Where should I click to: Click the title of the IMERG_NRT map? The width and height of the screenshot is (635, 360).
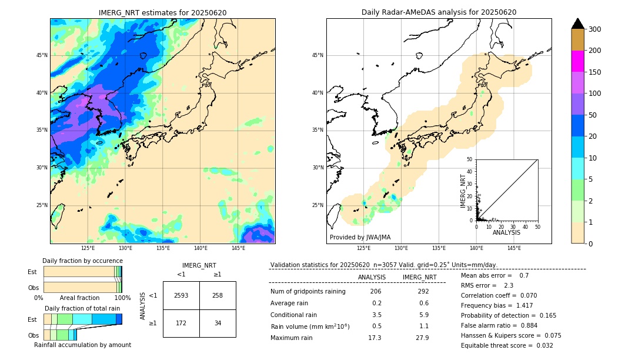pyautogui.click(x=162, y=12)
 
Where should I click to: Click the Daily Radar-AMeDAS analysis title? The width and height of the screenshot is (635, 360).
pyautogui.click(x=439, y=12)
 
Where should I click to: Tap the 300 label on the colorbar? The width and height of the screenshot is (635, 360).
pyautogui.click(x=596, y=29)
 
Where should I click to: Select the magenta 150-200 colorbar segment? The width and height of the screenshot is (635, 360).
pyautogui.click(x=577, y=61)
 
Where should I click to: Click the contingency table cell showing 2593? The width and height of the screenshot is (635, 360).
pyautogui.click(x=181, y=295)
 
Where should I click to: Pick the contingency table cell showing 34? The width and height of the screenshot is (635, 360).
pyautogui.click(x=218, y=323)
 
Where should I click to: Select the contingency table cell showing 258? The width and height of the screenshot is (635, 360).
pyautogui.click(x=218, y=295)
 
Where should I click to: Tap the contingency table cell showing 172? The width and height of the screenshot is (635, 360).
pyautogui.click(x=181, y=323)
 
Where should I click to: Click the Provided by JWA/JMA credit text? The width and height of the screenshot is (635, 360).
pyautogui.click(x=360, y=237)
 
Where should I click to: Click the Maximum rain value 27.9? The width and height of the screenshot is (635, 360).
pyautogui.click(x=422, y=338)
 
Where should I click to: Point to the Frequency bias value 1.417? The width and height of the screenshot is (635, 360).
pyautogui.click(x=527, y=306)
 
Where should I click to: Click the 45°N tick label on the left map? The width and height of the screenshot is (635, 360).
pyautogui.click(x=42, y=55)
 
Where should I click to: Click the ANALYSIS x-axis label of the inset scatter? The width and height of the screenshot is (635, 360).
pyautogui.click(x=506, y=232)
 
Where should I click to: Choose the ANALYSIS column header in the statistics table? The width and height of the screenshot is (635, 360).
pyautogui.click(x=372, y=277)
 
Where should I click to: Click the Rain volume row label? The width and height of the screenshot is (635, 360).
pyautogui.click(x=310, y=326)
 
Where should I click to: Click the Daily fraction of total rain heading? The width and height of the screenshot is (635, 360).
pyautogui.click(x=83, y=308)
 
